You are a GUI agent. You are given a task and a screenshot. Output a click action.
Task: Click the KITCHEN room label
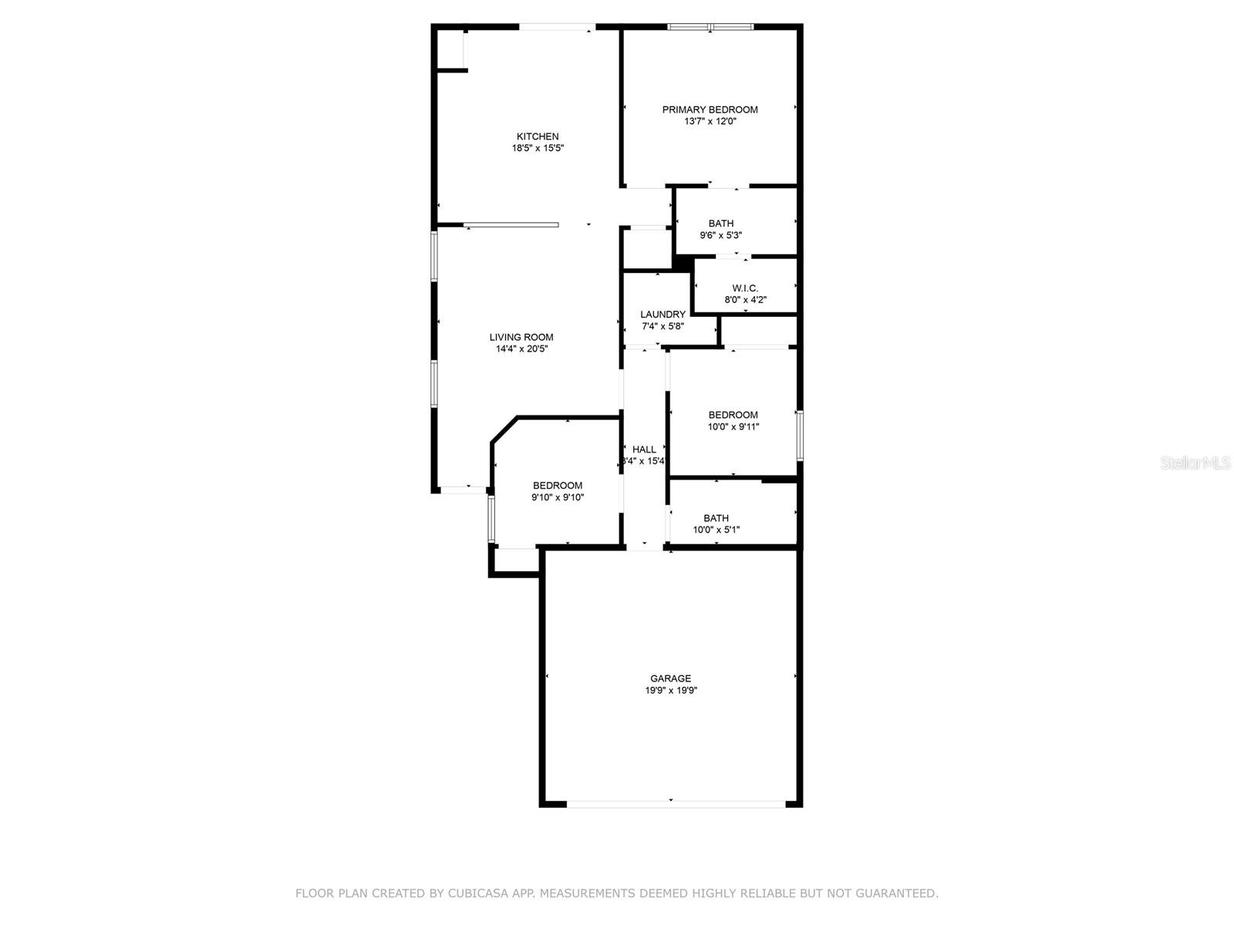click(538, 136)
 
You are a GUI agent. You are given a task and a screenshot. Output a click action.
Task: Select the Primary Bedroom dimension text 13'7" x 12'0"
click(710, 121)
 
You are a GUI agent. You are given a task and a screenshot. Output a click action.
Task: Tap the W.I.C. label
click(745, 288)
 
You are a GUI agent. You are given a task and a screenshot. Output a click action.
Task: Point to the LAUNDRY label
click(663, 314)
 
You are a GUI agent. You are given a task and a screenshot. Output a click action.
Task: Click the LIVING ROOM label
click(521, 337)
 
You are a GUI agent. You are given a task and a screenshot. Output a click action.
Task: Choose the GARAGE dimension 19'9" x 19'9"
click(671, 691)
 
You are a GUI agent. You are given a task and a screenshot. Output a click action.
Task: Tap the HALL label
click(644, 449)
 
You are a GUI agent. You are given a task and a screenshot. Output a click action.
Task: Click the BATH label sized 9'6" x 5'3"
click(721, 224)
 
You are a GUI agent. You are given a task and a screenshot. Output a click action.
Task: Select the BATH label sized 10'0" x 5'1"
click(716, 518)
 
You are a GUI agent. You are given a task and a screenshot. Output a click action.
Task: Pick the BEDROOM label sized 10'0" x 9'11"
click(733, 415)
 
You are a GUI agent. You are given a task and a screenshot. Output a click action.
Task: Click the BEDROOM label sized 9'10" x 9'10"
click(557, 486)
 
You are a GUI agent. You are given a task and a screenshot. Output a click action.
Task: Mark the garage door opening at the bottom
click(676, 803)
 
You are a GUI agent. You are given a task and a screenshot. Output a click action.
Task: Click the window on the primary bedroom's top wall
click(710, 27)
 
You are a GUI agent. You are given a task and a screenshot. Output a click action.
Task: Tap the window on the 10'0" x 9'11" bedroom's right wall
click(800, 436)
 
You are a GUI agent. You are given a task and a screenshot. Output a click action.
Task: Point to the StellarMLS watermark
click(1195, 463)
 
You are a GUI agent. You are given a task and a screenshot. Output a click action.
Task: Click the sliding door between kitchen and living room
click(511, 225)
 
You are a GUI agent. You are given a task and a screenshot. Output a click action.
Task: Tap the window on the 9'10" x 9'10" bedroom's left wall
click(491, 520)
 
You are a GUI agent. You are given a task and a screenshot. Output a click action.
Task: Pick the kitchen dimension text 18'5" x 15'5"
click(538, 148)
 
